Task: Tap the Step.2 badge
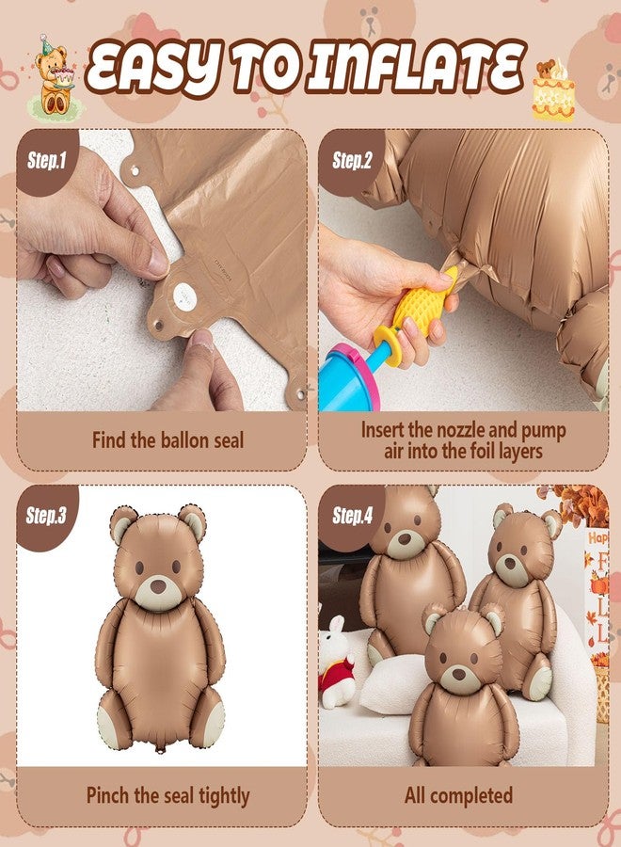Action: pyautogui.click(x=352, y=161)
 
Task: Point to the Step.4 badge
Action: pyautogui.click(x=352, y=516)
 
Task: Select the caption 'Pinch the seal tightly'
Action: pyautogui.click(x=167, y=795)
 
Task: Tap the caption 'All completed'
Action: pyautogui.click(x=458, y=795)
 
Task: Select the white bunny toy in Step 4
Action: pyautogui.click(x=337, y=659)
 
